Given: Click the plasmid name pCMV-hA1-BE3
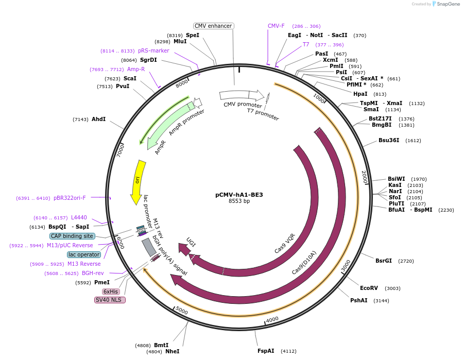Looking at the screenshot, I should pyautogui.click(x=239, y=195).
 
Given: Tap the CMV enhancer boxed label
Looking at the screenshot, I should pyautogui.click(x=214, y=26).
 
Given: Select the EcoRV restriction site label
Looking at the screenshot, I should pyautogui.click(x=369, y=288).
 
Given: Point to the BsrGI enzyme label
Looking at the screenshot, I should pyautogui.click(x=384, y=261).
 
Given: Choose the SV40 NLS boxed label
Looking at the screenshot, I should pyautogui.click(x=110, y=300).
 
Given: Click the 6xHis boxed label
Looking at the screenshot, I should pyautogui.click(x=111, y=292).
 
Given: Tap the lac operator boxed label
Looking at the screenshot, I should pyautogui.click(x=83, y=254).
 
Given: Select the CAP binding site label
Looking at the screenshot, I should pyautogui.click(x=72, y=236).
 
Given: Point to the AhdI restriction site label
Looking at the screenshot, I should pyautogui.click(x=98, y=119).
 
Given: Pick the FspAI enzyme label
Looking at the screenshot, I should pyautogui.click(x=266, y=351).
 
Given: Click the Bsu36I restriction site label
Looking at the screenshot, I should pyautogui.click(x=389, y=140).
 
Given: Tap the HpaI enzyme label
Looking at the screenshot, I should pyautogui.click(x=360, y=94).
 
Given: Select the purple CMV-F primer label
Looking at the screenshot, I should pyautogui.click(x=276, y=26).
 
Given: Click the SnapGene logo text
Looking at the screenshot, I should pyautogui.click(x=449, y=4).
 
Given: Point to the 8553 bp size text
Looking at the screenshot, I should pyautogui.click(x=239, y=201).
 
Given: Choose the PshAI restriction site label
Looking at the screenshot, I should pyautogui.click(x=359, y=300).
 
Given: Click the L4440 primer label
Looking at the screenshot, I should pyautogui.click(x=79, y=218).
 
